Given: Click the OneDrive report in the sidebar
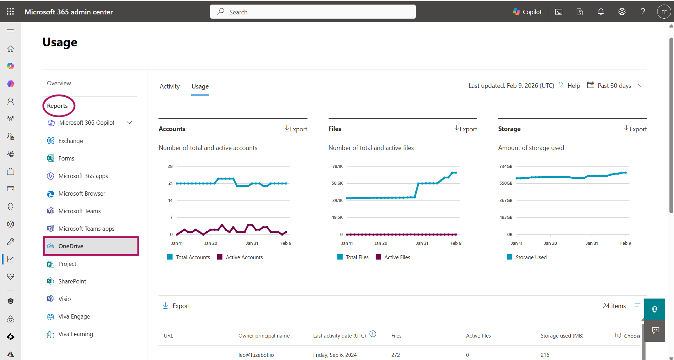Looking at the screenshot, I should pyautogui.click(x=71, y=246).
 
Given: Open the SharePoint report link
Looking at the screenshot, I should pyautogui.click(x=72, y=281).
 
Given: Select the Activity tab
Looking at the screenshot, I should pyautogui.click(x=169, y=86).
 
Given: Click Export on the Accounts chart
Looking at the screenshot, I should pyautogui.click(x=296, y=129).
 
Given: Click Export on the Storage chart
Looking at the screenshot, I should pyautogui.click(x=635, y=129).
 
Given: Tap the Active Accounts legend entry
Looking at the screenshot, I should pyautogui.click(x=244, y=257).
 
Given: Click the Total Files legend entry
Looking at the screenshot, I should pyautogui.click(x=357, y=257).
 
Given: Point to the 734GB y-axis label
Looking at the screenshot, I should pyautogui.click(x=506, y=166).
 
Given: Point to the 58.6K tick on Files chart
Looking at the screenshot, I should pyautogui.click(x=337, y=183).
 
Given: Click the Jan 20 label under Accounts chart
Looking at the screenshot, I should pyautogui.click(x=210, y=243).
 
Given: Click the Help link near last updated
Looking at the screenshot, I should pyautogui.click(x=573, y=86).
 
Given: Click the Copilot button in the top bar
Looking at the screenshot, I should pyautogui.click(x=527, y=12).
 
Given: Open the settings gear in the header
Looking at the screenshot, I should pyautogui.click(x=622, y=12).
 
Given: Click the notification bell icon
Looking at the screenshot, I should pyautogui.click(x=601, y=12).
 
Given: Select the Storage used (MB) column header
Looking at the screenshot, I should pyautogui.click(x=562, y=336).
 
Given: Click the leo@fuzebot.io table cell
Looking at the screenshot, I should pyautogui.click(x=256, y=355).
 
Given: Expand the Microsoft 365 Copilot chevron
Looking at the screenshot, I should pyautogui.click(x=129, y=123).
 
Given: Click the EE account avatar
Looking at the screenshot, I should pyautogui.click(x=663, y=12).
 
